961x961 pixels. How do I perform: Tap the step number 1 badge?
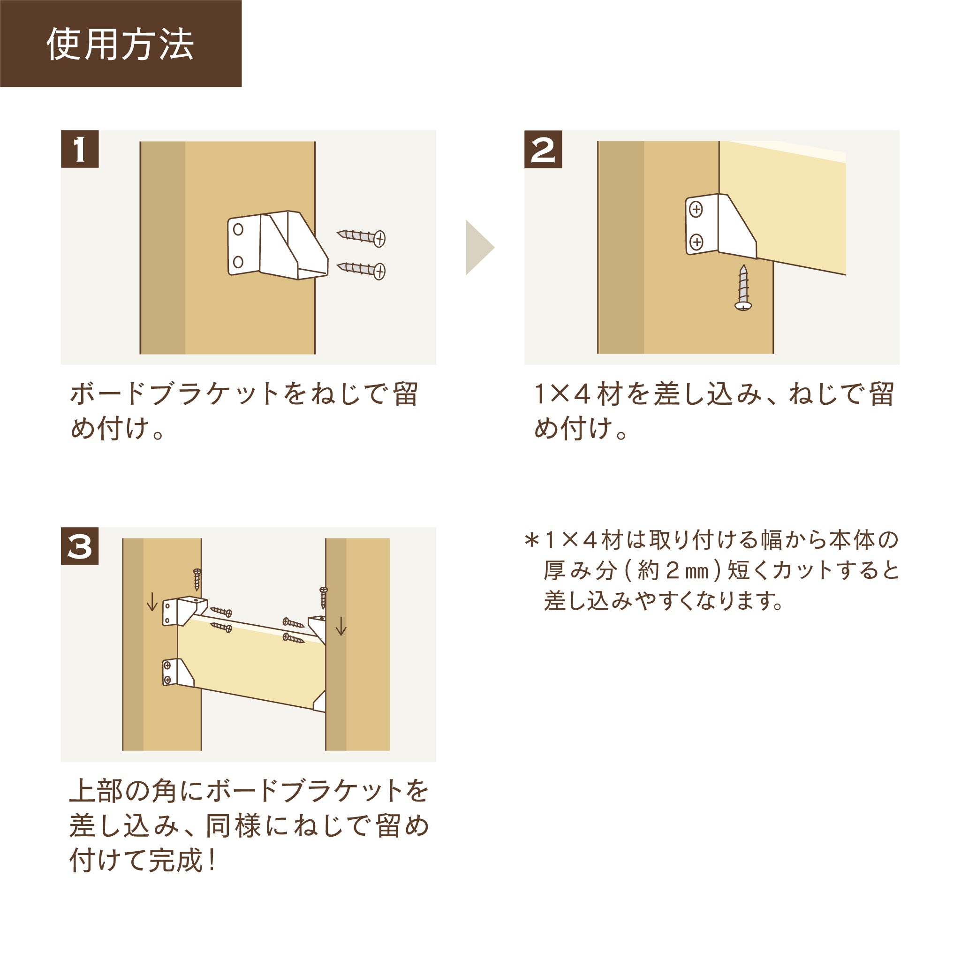click(80, 149)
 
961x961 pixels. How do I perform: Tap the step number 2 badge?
click(543, 149)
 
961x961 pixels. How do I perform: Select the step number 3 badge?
click(80, 546)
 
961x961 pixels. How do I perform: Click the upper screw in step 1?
click(362, 236)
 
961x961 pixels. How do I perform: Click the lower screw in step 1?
click(362, 270)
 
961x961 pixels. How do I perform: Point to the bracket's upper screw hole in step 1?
click(238, 229)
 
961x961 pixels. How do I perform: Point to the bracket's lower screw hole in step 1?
click(238, 262)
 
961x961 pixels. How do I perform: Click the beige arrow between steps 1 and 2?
click(478, 247)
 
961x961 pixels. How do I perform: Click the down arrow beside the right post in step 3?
click(341, 626)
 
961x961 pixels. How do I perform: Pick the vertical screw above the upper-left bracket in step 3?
click(197, 579)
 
